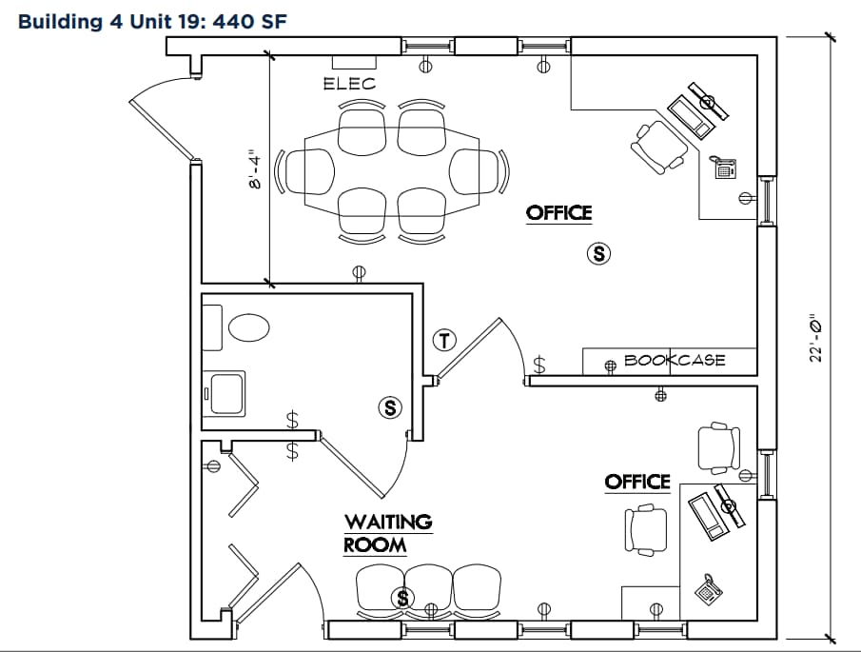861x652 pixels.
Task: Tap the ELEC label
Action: point(349,84)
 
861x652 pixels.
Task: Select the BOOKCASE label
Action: point(675,361)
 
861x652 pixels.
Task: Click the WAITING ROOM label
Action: point(387,534)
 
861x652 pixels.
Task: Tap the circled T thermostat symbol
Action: point(444,339)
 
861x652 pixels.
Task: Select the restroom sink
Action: point(226,393)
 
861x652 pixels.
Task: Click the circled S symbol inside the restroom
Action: point(389,407)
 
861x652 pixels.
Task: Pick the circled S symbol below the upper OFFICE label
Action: point(598,253)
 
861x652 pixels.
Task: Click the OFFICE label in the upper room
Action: point(559,213)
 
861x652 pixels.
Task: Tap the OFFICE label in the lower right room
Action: point(637,483)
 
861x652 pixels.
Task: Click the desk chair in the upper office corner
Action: point(658,145)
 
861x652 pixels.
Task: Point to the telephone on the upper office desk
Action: point(723,169)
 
